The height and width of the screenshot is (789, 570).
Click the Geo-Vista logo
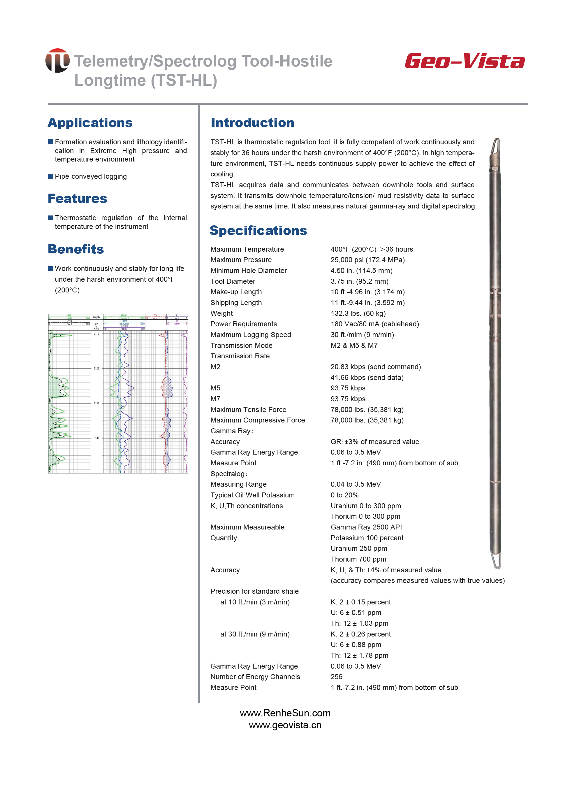[x=464, y=61]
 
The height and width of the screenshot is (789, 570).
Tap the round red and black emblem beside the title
[x=57, y=61]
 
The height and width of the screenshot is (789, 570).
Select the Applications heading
[x=90, y=123]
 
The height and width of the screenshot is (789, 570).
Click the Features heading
[x=77, y=199]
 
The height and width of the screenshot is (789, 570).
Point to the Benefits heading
[x=76, y=249]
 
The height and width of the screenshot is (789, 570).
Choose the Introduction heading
[x=252, y=123]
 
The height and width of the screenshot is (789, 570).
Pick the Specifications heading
[x=258, y=231]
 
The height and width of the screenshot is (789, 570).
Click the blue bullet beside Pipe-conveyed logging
[x=50, y=176]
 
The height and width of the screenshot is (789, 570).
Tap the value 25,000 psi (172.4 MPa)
[x=367, y=260]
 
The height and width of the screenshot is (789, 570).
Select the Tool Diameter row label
[x=233, y=281]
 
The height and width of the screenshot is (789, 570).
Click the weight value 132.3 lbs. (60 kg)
[x=358, y=313]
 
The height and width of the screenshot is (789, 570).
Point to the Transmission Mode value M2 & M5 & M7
[x=354, y=346]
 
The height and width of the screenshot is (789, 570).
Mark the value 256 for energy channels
[x=336, y=677]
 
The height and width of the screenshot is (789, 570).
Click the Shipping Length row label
[x=236, y=303]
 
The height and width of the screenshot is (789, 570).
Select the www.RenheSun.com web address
[x=285, y=713]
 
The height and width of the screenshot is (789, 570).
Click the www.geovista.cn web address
[x=285, y=725]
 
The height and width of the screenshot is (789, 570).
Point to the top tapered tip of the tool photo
[x=496, y=143]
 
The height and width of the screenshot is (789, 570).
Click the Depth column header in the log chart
[x=96, y=317]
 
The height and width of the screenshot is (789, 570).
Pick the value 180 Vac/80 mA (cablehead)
[x=374, y=324]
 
